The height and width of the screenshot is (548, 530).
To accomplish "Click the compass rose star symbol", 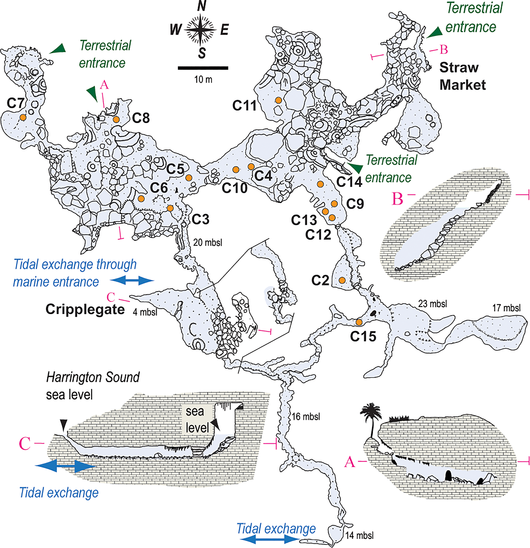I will click(x=200, y=29).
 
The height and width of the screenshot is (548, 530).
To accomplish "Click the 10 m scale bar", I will click(x=203, y=68).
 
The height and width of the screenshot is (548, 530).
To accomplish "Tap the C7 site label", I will click(x=15, y=103).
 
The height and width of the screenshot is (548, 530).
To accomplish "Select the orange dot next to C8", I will click(x=116, y=120).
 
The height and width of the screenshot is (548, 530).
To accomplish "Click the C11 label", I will click(x=244, y=106).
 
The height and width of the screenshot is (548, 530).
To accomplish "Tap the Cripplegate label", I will click(x=85, y=310).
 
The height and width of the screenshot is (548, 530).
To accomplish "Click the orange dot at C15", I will click(x=359, y=322).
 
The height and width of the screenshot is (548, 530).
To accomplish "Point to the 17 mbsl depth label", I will click(x=506, y=308).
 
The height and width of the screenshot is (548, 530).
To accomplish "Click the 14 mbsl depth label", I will click(x=359, y=536).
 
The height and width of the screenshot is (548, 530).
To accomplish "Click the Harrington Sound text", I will click(x=93, y=377).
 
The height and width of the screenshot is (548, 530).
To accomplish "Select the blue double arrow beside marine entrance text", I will click(x=132, y=280).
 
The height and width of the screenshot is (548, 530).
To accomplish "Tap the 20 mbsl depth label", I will click(x=208, y=242).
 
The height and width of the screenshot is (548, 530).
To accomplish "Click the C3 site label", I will click(x=200, y=219).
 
